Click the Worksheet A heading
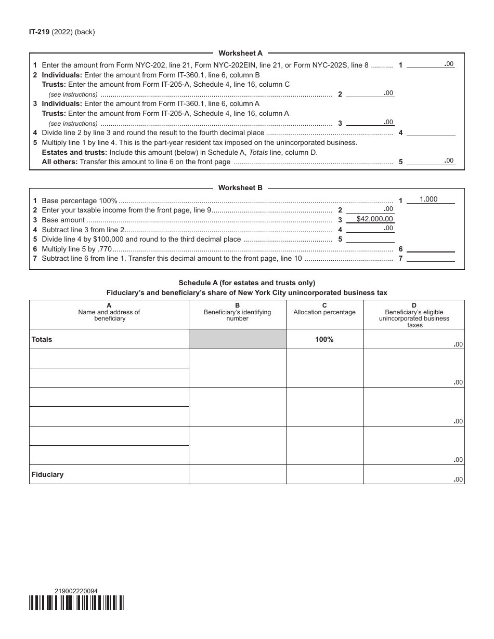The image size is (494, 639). [x=240, y=53]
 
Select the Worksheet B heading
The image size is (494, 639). [x=240, y=188]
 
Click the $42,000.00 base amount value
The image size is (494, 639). [x=375, y=219]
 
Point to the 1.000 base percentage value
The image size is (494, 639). [x=428, y=199]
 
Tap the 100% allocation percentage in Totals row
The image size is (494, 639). [x=324, y=339]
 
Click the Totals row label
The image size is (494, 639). [x=42, y=339]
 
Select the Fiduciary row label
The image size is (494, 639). [x=47, y=474]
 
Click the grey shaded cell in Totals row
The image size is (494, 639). [x=237, y=339]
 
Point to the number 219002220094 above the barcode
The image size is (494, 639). [x=76, y=591]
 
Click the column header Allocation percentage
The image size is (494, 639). [x=324, y=312]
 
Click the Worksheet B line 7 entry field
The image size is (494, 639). [x=431, y=258]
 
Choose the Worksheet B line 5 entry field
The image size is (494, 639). [x=370, y=239]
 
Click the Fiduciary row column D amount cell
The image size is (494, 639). [x=413, y=474]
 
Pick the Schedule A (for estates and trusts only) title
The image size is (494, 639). [x=246, y=283]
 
